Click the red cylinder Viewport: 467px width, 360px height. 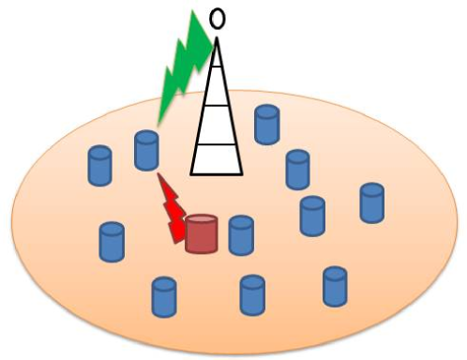point(201,234)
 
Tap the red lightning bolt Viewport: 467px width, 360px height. point(172,207)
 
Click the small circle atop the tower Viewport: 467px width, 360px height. point(218,18)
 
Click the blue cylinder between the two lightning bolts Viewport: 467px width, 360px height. point(146,150)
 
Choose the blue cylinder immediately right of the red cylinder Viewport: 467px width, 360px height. point(242,235)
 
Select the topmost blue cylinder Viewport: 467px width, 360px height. point(268,124)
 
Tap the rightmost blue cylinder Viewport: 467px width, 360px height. point(372,202)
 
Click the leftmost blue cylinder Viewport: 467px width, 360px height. point(99,166)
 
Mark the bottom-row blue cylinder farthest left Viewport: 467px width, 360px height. point(164,296)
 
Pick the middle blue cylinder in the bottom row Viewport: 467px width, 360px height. point(252,294)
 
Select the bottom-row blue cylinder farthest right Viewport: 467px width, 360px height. point(336,286)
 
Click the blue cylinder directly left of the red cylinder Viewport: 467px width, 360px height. point(112,241)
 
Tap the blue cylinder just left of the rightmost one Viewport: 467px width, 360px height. point(312,216)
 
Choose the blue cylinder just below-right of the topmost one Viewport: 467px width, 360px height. point(298,170)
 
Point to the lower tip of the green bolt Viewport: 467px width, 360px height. point(158,123)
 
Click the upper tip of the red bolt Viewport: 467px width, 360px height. point(160,175)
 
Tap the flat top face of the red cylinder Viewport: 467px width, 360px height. point(201,221)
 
